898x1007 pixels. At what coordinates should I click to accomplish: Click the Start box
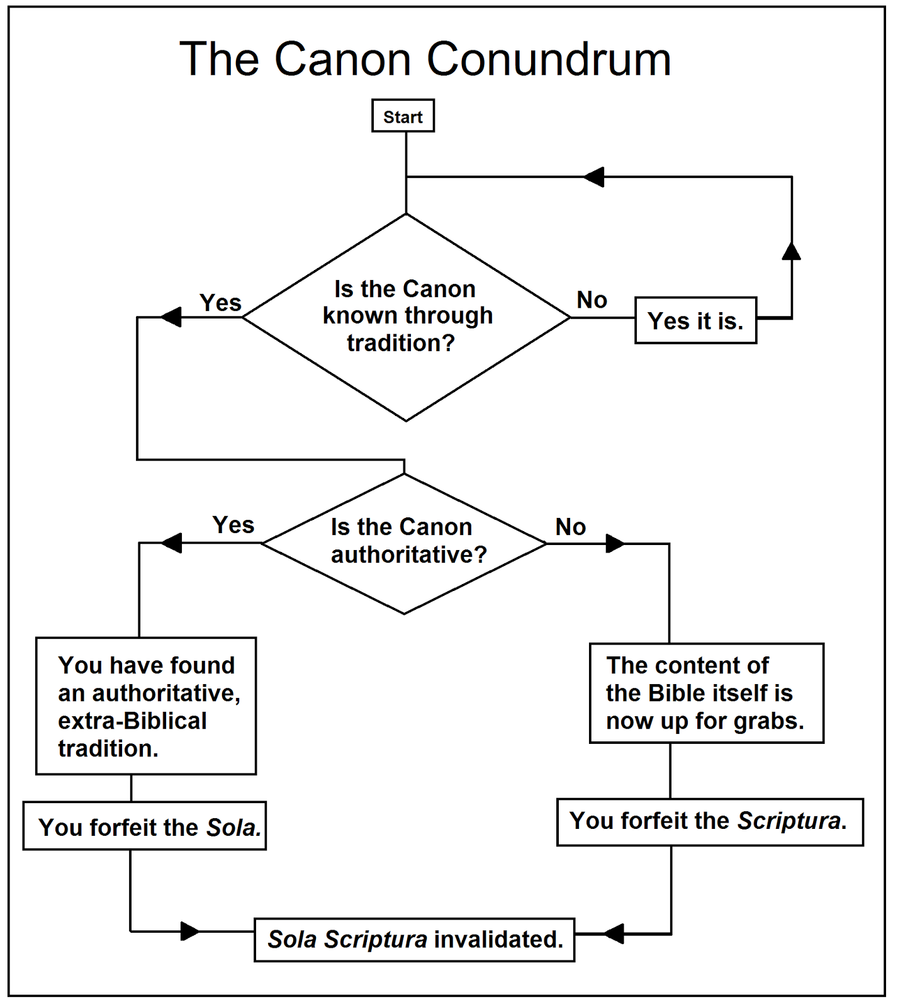coord(403,116)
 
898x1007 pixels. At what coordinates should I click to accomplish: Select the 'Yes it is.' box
coord(695,320)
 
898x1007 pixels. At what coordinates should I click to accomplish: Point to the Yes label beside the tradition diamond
coord(220,303)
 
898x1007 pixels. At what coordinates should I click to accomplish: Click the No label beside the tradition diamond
coord(592,300)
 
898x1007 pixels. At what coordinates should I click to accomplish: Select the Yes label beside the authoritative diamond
coord(233,525)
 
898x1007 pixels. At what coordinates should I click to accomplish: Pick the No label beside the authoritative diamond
coord(570,527)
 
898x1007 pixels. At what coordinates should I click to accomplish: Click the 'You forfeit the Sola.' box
coord(145,826)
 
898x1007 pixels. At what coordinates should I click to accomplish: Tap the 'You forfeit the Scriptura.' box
coord(709,821)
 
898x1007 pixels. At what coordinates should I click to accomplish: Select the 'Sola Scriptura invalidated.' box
coord(414,940)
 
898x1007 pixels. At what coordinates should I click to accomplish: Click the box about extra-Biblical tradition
coord(146,706)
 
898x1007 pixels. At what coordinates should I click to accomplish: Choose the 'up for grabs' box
coord(706,693)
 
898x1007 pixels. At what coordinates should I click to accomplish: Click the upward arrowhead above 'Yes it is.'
coord(791,251)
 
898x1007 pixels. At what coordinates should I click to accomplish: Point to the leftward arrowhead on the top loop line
coord(594,177)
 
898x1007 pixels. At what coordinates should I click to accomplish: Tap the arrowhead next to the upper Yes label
coord(171,317)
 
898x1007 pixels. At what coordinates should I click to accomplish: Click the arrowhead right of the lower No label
coord(615,543)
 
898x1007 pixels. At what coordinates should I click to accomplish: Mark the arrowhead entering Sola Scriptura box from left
coord(189,931)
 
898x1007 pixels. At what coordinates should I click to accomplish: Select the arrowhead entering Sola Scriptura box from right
coord(614,934)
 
